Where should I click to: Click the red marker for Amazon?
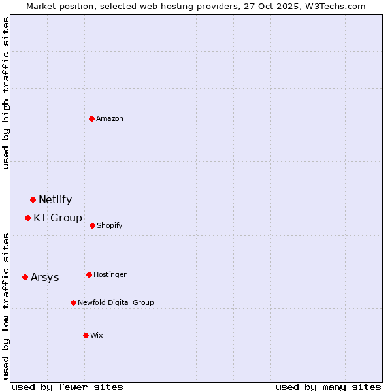click(92, 118)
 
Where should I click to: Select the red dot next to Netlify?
click(33, 199)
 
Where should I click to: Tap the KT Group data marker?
click(27, 218)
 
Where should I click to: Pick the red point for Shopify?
click(92, 225)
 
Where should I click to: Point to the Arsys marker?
click(25, 277)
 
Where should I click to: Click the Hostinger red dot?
click(89, 274)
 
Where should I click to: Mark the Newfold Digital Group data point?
click(73, 302)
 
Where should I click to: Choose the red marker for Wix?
click(86, 335)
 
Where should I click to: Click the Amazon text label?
click(110, 118)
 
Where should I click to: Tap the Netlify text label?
click(55, 199)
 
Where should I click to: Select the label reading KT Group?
click(57, 218)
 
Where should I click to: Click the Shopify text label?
click(110, 225)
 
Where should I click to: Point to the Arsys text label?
click(44, 277)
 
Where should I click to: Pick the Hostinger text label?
click(110, 274)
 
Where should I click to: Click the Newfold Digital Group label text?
click(116, 302)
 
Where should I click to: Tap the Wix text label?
click(97, 335)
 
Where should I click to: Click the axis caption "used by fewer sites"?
click(67, 387)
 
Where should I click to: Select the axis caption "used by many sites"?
click(328, 387)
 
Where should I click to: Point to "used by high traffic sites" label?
click(6, 93)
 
